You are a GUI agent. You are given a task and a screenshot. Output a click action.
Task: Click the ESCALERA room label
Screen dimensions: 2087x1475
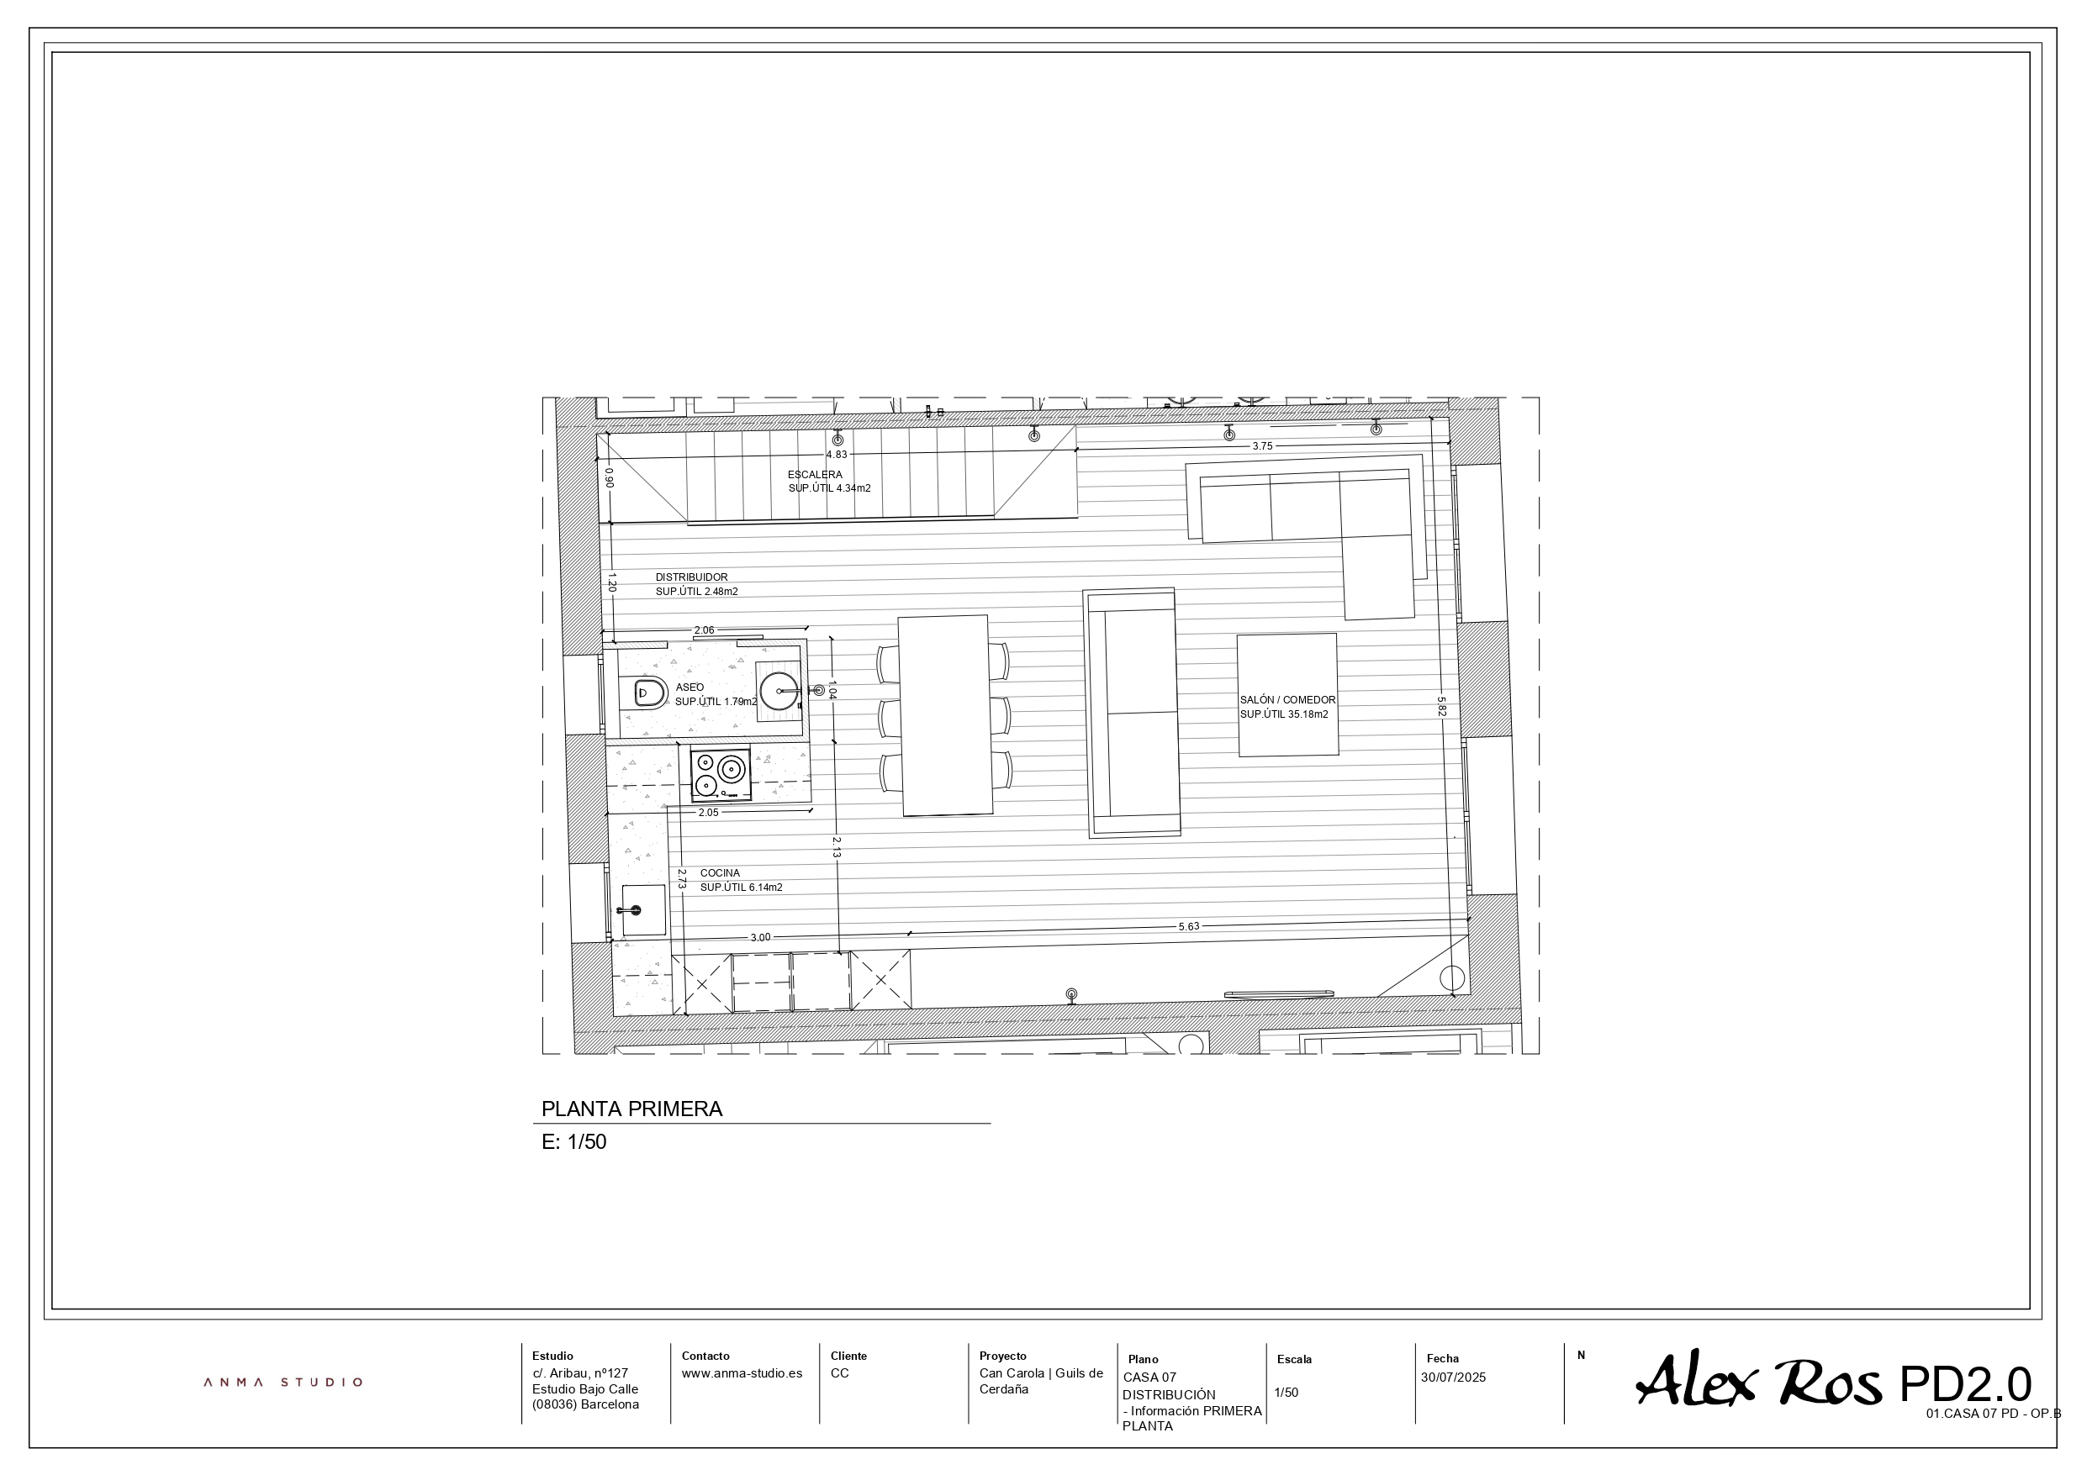[815, 474]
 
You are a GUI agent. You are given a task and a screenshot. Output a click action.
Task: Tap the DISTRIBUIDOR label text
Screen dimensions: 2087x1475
[692, 577]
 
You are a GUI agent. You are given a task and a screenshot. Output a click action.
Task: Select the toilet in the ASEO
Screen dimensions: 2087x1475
[648, 693]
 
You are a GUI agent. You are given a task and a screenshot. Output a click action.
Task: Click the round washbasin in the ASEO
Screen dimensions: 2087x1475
[779, 691]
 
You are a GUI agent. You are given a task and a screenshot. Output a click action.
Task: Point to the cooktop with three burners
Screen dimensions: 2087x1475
[721, 775]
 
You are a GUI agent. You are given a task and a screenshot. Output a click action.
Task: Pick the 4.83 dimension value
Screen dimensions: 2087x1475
[837, 455]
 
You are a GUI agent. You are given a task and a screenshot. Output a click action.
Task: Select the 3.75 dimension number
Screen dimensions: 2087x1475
[1263, 446]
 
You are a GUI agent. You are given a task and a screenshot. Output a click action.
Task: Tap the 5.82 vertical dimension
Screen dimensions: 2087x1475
[1440, 706]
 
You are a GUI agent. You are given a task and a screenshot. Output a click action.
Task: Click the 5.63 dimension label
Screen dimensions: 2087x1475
[1189, 926]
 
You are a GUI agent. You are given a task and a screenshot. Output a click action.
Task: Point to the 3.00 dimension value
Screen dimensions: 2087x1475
[760, 937]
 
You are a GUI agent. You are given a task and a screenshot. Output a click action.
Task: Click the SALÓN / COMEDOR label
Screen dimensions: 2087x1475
[1288, 700]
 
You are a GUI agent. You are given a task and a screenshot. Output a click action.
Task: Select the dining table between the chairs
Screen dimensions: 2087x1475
[944, 716]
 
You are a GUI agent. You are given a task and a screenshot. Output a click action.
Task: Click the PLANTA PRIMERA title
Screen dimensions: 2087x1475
[631, 1109]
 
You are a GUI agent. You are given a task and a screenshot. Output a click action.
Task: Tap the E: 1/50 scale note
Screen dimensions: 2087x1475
[573, 1142]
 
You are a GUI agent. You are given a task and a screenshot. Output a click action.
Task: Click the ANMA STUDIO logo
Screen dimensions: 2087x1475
[283, 1383]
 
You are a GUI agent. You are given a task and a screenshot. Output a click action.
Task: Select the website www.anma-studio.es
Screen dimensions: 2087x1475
[742, 1373]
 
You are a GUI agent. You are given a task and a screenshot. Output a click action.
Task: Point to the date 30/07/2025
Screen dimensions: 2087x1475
[1454, 1377]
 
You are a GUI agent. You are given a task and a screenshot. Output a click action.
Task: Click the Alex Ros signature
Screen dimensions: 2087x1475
[1759, 1381]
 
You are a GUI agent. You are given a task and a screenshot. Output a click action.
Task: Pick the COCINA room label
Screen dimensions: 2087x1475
[720, 873]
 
